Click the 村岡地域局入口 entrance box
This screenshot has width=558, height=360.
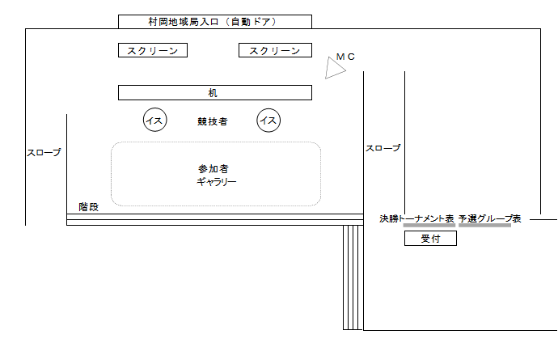tap(214, 21)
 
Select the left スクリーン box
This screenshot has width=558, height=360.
tap(153, 51)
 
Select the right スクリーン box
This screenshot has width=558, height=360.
tap(275, 51)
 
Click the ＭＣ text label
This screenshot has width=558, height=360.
tap(345, 56)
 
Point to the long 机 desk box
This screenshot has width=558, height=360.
tap(214, 92)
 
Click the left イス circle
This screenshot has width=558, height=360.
tap(154, 121)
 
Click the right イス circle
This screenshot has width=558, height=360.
tap(268, 121)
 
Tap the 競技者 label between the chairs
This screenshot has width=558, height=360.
tap(212, 121)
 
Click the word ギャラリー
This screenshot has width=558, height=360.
tap(216, 182)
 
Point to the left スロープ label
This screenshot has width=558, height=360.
tap(44, 151)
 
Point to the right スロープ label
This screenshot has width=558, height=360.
tap(383, 148)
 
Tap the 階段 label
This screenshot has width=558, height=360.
tap(88, 207)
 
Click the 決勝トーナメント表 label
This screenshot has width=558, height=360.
tap(416, 218)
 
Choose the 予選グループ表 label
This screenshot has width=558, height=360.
tap(489, 218)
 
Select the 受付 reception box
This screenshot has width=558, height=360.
tap(430, 239)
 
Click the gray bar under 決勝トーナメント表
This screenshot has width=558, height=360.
tap(429, 226)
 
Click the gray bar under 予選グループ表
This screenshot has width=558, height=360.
tap(484, 226)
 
